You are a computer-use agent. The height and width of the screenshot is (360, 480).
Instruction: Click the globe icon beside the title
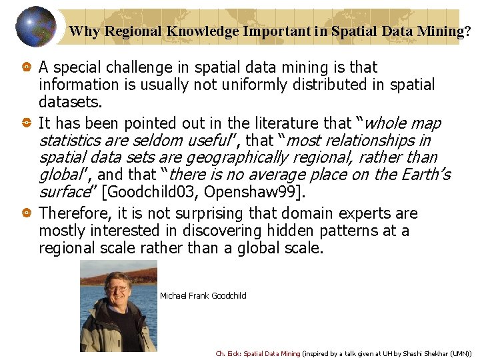coord(35,26)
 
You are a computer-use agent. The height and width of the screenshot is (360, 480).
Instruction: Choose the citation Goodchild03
coord(152,193)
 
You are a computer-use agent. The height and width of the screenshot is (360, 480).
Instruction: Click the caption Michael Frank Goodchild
coord(203,296)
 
